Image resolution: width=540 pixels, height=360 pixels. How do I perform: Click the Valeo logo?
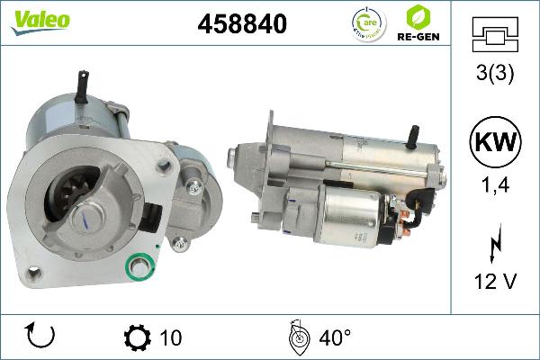pyautogui.click(x=40, y=20)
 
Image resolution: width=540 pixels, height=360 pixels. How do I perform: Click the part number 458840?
pyautogui.click(x=242, y=25)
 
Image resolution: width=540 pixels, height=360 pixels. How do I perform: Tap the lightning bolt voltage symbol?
pyautogui.click(x=493, y=245)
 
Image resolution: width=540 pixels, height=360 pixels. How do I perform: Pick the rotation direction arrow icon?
pyautogui.click(x=41, y=336)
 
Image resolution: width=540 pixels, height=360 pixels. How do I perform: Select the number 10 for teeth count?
pyautogui.click(x=170, y=338)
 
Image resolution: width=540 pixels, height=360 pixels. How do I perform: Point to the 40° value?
pyautogui.click(x=335, y=338)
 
